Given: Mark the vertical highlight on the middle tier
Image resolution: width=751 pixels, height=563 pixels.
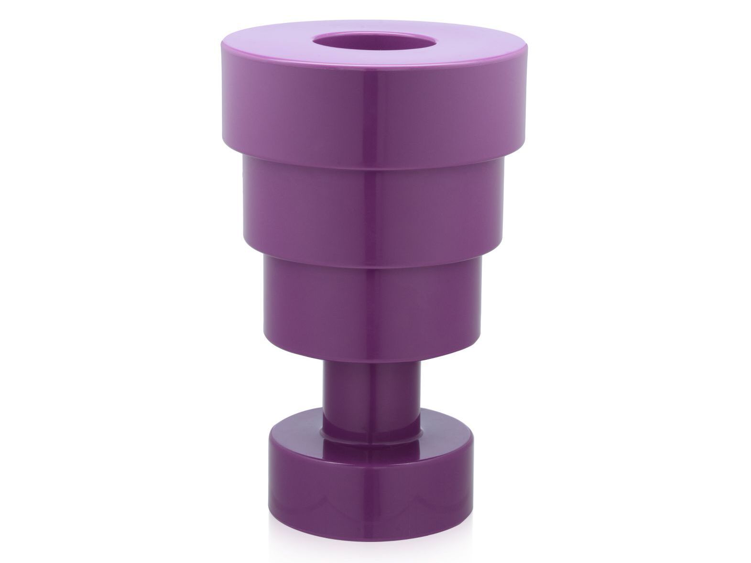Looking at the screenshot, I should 373,206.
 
